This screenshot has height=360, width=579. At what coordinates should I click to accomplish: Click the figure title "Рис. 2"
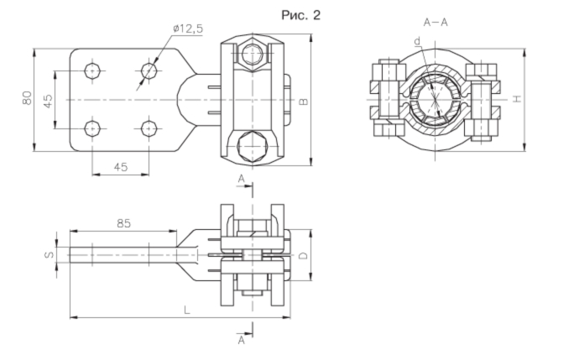point(300,15)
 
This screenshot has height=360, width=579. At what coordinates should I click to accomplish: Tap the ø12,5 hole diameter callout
point(188,29)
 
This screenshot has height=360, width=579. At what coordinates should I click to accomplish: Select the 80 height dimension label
point(28,98)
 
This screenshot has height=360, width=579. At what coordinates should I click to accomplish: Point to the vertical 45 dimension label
point(48,102)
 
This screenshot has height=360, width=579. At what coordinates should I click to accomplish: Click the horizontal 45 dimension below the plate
point(120,167)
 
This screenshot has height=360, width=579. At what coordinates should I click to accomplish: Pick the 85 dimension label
point(123,223)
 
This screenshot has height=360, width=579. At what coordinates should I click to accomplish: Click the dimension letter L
point(187,310)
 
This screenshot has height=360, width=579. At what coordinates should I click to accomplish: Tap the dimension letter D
point(303,255)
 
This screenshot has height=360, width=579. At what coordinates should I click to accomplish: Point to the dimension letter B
point(303,102)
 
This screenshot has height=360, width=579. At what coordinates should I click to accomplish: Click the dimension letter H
point(518,98)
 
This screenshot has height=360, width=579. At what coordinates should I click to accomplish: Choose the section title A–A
point(436,23)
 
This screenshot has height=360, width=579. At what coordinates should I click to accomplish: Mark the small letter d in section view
point(417,41)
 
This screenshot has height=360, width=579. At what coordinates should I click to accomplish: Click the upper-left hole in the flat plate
point(92,70)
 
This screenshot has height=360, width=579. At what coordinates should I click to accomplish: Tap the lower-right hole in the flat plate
point(149,128)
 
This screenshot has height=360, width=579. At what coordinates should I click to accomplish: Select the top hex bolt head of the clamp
point(253,55)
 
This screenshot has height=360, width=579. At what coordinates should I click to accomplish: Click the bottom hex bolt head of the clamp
point(253,146)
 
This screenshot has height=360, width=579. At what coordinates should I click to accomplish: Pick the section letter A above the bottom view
point(241,179)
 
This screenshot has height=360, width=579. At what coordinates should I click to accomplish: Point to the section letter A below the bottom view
point(241,340)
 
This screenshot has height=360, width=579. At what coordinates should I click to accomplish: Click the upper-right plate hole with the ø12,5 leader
point(149,70)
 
